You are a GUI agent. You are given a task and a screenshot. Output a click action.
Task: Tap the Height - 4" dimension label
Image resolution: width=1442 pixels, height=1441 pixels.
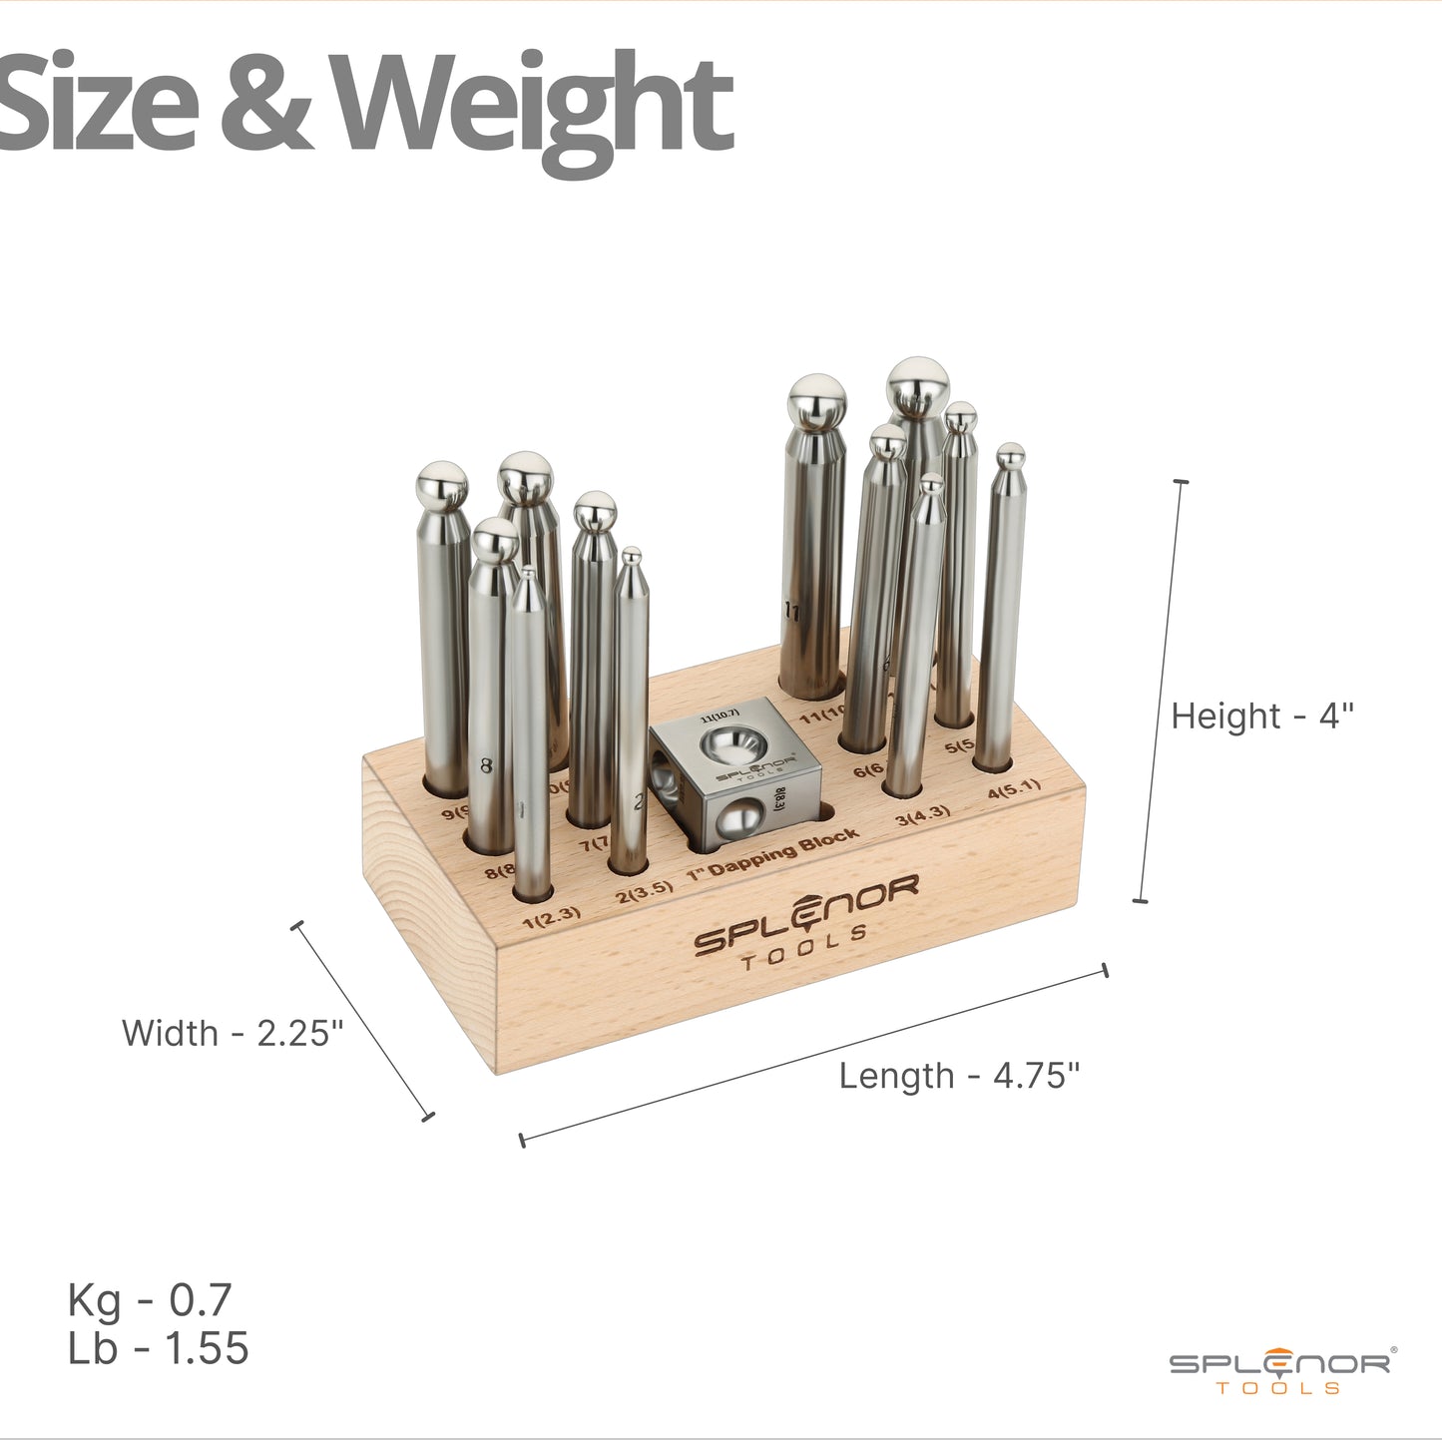1261,717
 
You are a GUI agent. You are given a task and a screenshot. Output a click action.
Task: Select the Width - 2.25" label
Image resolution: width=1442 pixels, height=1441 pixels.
232,1033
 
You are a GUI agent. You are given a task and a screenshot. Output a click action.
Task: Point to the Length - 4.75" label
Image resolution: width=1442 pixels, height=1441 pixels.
959,1076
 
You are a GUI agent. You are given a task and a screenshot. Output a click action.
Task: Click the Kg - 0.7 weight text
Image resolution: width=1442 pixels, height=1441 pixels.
150,1300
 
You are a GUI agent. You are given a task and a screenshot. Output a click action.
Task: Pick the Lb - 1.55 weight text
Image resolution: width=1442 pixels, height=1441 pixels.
158,1348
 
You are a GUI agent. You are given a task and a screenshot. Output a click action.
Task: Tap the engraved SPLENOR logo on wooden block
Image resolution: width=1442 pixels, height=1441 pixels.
805,922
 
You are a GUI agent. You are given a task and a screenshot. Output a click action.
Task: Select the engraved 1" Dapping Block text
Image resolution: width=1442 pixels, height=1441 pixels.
773,853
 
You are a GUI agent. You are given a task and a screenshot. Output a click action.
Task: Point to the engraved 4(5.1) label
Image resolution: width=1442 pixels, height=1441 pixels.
1014,789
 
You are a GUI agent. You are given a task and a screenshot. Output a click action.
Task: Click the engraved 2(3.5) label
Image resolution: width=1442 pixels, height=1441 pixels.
644,891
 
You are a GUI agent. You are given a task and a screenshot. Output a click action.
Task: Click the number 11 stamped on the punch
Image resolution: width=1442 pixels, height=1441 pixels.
792,612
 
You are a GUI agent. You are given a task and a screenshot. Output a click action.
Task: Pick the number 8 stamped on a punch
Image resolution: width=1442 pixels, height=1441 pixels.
486,766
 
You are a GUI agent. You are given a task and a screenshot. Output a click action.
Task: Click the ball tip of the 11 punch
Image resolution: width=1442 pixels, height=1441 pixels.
817,401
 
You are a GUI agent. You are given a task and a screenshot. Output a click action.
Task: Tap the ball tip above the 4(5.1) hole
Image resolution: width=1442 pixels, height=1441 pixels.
1011,457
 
